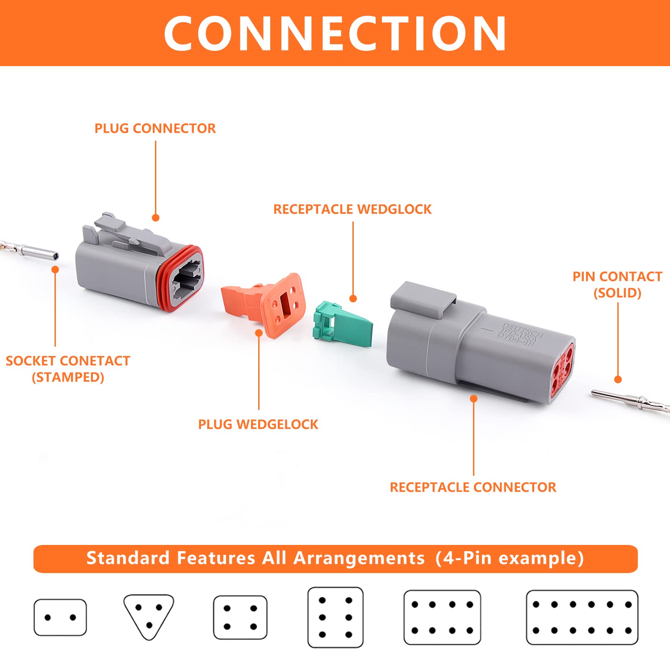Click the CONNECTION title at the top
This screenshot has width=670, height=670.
pyautogui.click(x=335, y=33)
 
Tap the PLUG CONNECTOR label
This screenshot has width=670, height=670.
pyautogui.click(x=155, y=129)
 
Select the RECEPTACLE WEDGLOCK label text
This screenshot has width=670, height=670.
pyautogui.click(x=352, y=209)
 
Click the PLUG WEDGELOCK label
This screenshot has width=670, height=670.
pyautogui.click(x=258, y=424)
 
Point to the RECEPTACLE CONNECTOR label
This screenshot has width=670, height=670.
pyautogui.click(x=473, y=487)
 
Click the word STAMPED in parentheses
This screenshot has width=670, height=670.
pyautogui.click(x=68, y=377)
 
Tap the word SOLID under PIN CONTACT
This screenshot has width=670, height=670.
pyautogui.click(x=617, y=293)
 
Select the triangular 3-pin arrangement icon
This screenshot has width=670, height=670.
pyautogui.click(x=149, y=616)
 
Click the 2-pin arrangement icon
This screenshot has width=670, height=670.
pyautogui.click(x=60, y=617)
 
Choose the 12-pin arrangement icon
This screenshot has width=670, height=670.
pyautogui.click(x=582, y=617)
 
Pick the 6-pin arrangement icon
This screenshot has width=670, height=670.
pyautogui.click(x=335, y=617)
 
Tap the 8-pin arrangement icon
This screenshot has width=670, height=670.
pyautogui.click(x=442, y=617)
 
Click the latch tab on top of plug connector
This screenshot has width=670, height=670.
pyautogui.click(x=125, y=232)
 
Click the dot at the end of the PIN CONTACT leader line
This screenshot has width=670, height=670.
pyautogui.click(x=618, y=379)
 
